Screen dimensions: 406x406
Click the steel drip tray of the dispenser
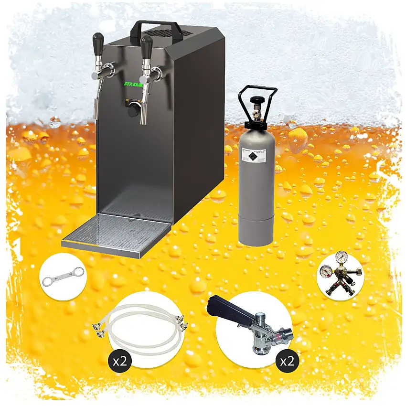click(117, 233)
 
